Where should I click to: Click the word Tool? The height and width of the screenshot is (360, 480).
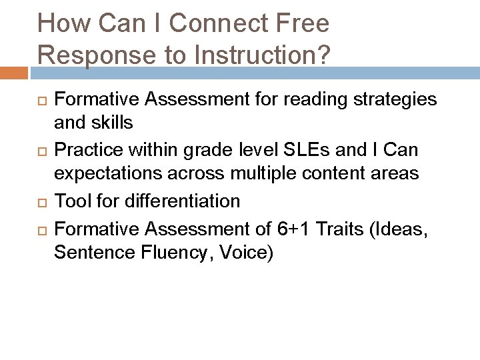(x=69, y=200)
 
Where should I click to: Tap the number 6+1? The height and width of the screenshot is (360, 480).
(x=291, y=229)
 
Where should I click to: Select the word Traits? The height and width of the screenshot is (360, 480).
(x=339, y=229)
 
